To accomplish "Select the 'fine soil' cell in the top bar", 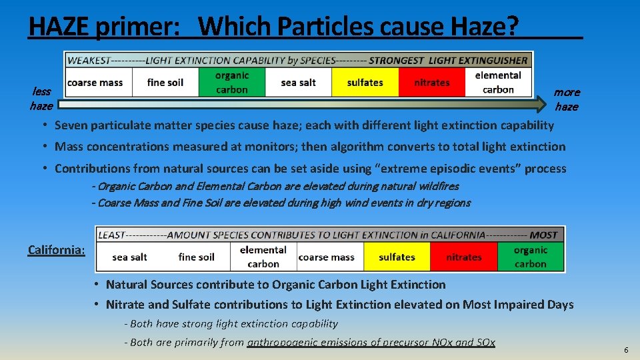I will [x=165, y=83].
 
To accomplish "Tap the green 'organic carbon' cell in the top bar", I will [x=232, y=83].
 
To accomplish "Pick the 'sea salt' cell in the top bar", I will [x=298, y=83].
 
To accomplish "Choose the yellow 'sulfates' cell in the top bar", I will [x=365, y=83].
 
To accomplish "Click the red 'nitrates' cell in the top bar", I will [x=431, y=83].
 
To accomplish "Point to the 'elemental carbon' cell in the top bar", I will [x=498, y=83].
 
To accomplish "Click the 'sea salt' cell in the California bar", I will [x=129, y=257].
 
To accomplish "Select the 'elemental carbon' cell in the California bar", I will [x=263, y=257].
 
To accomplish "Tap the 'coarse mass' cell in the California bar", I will [x=326, y=257].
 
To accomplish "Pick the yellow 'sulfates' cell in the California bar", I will [x=397, y=257].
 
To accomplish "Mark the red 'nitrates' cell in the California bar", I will [x=463, y=257].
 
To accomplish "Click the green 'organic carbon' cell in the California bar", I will [x=531, y=257].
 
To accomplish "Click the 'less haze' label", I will [x=41, y=99].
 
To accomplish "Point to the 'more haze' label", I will [x=567, y=99].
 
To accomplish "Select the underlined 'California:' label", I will [x=57, y=250].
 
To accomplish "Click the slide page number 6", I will [x=626, y=350].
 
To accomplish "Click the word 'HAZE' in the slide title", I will [x=60, y=26].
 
